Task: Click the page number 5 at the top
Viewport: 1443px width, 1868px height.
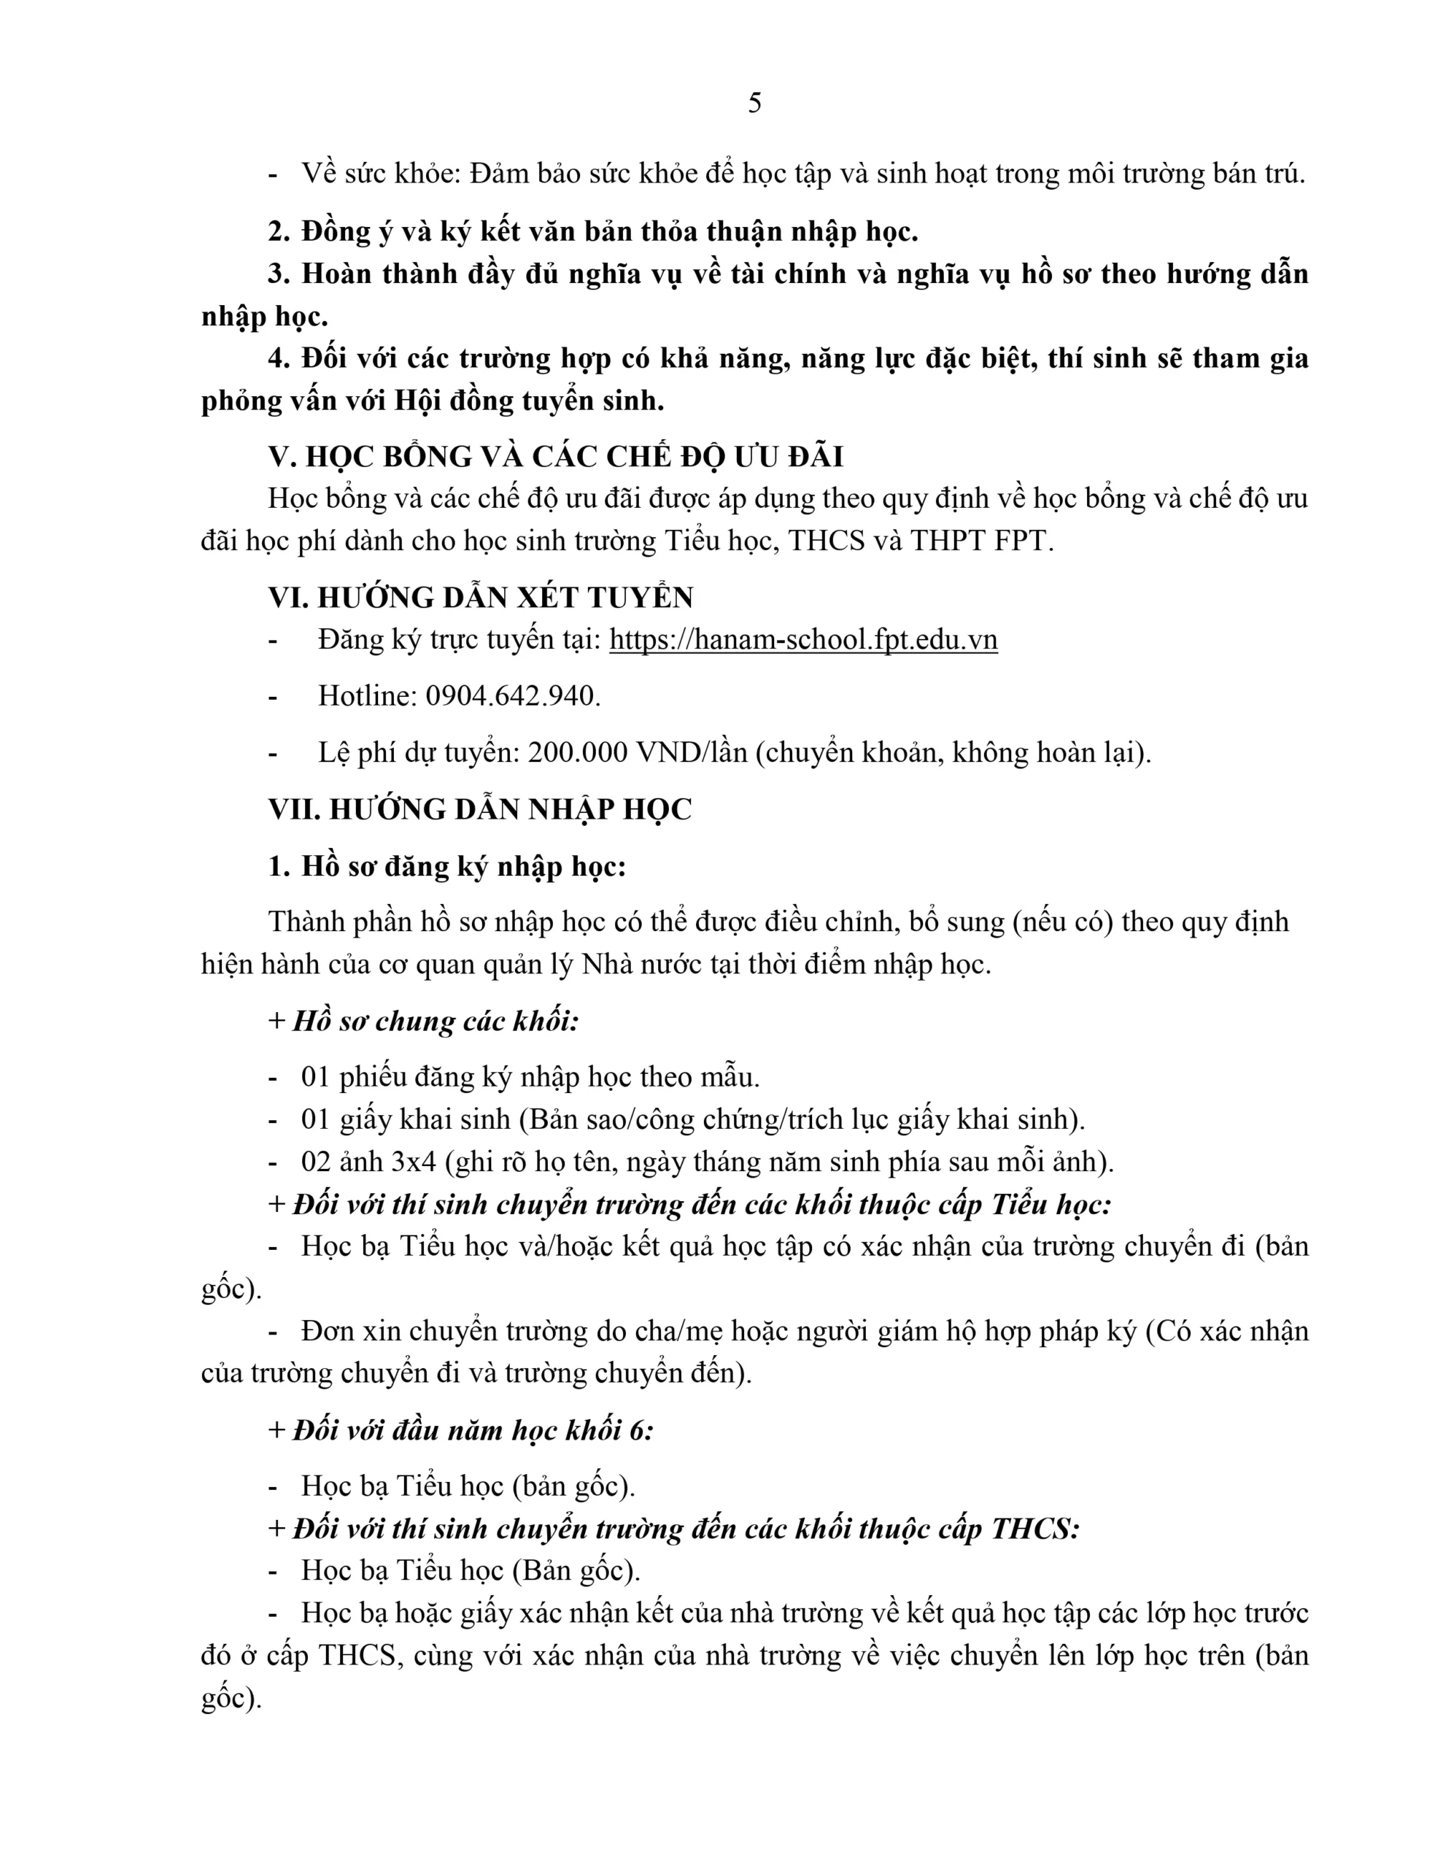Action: tap(754, 104)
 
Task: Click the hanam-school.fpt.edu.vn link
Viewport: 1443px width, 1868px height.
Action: tap(803, 640)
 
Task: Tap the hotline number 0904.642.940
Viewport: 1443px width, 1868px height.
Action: tap(511, 695)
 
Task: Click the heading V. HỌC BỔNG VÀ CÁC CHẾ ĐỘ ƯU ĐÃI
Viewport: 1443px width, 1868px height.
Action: tap(556, 457)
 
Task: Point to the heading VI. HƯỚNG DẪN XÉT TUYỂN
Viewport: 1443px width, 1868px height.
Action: tap(480, 597)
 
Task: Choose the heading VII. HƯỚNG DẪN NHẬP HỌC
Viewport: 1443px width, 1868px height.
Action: tap(480, 809)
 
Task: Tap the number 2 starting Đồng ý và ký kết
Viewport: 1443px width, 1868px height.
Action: tap(277, 232)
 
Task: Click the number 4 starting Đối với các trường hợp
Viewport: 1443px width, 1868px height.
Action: tap(277, 358)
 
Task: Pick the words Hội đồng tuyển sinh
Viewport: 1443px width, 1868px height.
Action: tap(527, 401)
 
